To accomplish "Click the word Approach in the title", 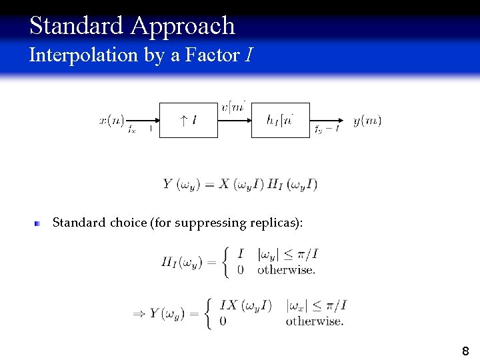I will [183, 26].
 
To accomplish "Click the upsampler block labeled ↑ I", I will [188, 121].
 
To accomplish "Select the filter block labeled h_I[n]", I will [280, 121].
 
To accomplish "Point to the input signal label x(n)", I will [111, 120].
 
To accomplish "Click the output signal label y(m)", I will [367, 120].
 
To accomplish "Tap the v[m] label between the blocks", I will [234, 106].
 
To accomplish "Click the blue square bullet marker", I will [39, 223].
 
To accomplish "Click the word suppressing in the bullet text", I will [207, 223].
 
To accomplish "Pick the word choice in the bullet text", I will [130, 223].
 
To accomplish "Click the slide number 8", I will [465, 351].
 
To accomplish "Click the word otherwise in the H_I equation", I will [286, 270].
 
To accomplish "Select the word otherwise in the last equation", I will [315, 321].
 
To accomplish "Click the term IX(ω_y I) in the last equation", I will [245, 305].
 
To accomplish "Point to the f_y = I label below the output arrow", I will [327, 129].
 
